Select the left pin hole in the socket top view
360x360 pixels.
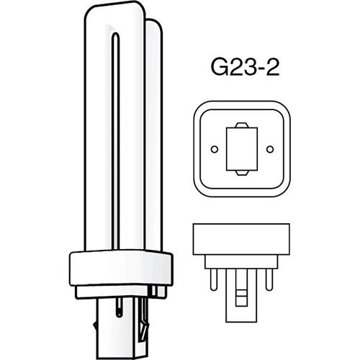[213, 149]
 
